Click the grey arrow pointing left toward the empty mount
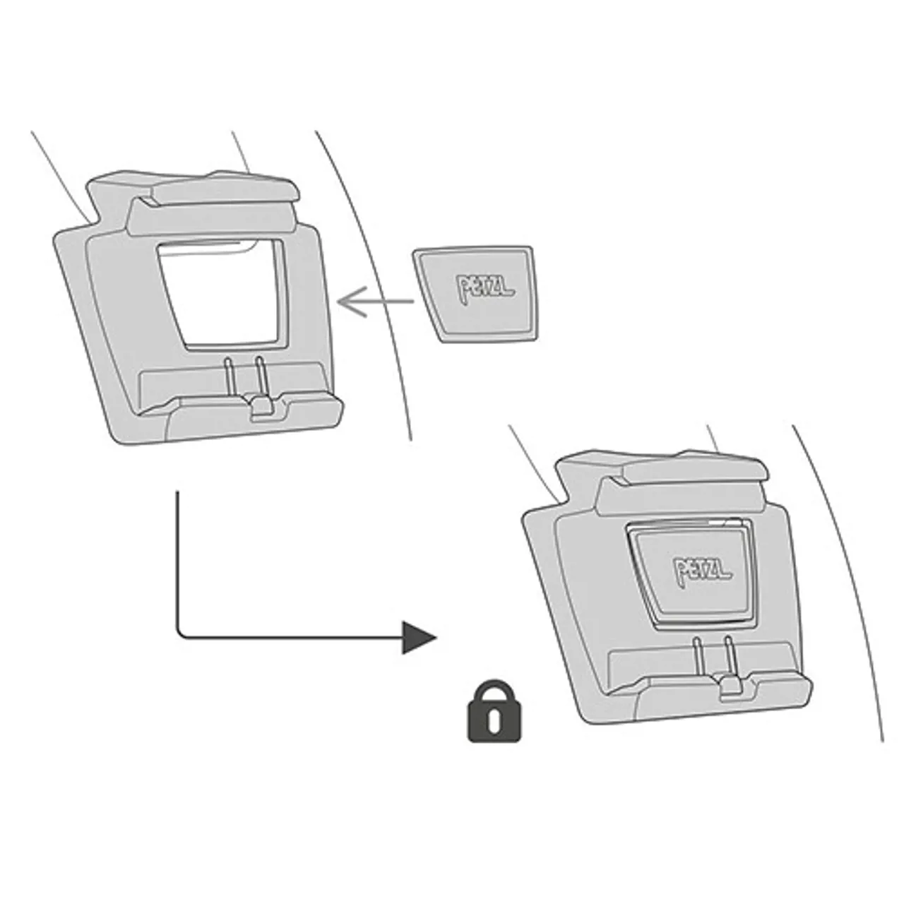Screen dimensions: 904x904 [375, 301]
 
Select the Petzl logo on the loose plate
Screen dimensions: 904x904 [484, 287]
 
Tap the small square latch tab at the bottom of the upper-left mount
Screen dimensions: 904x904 [261, 406]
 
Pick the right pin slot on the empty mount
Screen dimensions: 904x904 [261, 377]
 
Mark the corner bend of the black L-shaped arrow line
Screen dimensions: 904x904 [179, 636]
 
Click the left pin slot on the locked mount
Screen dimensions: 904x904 [698, 660]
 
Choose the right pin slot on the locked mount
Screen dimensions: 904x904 [730, 658]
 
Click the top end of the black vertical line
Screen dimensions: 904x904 [177, 492]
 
